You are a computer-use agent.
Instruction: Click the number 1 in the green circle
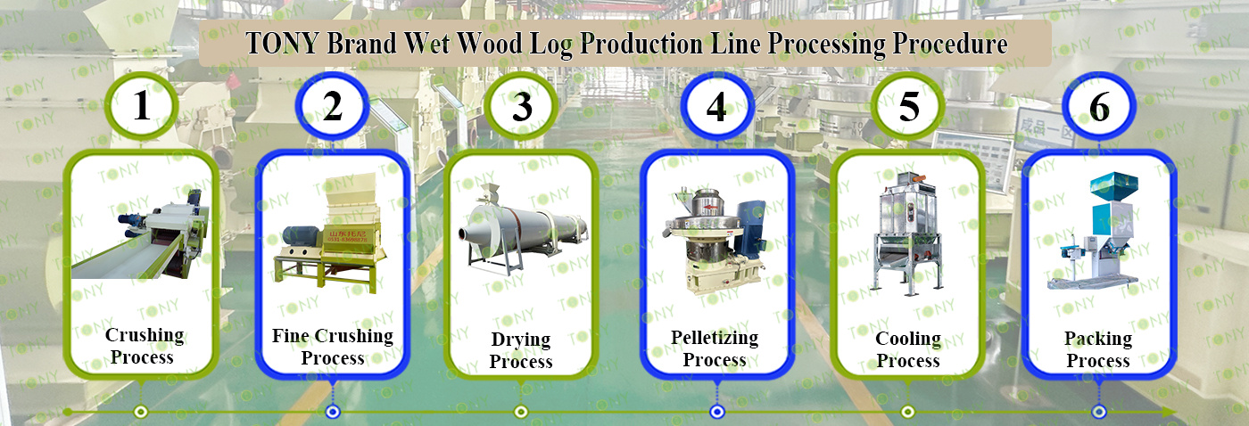142,106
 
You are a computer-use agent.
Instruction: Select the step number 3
522,108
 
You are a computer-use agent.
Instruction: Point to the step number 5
908,107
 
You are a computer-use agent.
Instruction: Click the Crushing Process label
144,346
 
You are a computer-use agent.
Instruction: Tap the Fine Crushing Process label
332,347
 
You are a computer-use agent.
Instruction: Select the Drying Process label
521,350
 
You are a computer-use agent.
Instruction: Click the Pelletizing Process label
715,348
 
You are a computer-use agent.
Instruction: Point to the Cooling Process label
907,349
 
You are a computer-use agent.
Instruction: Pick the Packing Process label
1098,349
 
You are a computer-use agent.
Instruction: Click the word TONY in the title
283,45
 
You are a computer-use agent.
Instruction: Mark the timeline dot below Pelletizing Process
716,412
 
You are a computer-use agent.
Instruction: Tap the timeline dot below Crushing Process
140,412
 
